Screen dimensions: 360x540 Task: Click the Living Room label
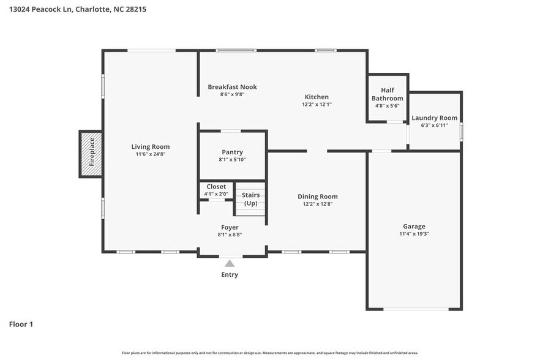(150, 147)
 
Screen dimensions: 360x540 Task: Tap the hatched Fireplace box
(91, 153)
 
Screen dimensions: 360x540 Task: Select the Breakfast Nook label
(232, 87)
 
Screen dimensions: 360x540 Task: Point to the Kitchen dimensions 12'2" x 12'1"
(317, 105)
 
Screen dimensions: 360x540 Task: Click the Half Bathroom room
(387, 98)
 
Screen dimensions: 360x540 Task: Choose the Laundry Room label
(434, 118)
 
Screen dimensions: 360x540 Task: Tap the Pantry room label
(232, 152)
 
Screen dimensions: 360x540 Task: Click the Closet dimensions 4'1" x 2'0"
(216, 194)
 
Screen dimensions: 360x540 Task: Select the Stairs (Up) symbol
(250, 200)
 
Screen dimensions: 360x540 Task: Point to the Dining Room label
(318, 197)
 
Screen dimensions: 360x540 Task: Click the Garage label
(414, 226)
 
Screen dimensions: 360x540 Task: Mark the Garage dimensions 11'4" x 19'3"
(414, 234)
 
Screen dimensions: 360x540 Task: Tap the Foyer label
(230, 227)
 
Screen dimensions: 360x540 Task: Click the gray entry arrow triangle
(230, 263)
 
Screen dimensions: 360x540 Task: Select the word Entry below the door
(230, 275)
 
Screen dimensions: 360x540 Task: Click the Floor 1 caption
(21, 324)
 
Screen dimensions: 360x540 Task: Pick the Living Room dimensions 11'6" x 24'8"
(150, 154)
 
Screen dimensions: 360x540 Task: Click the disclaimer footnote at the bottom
(270, 353)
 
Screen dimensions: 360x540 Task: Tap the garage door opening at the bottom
(414, 309)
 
